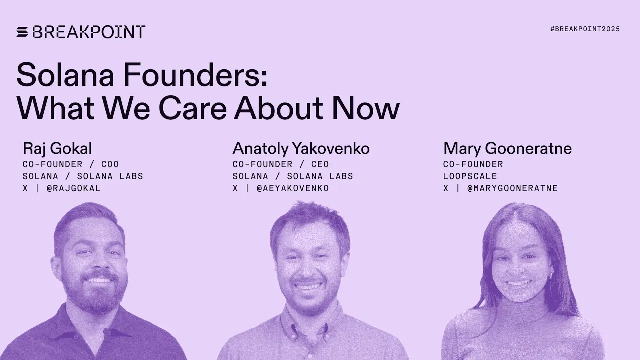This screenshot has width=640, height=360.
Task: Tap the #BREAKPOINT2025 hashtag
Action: (x=585, y=29)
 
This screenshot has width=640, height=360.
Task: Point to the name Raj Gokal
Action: (x=57, y=148)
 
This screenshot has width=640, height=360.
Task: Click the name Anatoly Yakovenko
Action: (x=301, y=148)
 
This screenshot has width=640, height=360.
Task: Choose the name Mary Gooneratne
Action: (x=507, y=148)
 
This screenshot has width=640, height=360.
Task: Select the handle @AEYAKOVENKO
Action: (x=293, y=188)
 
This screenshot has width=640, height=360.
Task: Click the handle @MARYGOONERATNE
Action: (x=512, y=188)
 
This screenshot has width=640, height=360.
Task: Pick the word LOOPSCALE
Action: (x=470, y=176)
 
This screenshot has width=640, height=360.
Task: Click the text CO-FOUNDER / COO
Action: (x=71, y=164)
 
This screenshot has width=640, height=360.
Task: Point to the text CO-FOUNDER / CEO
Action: (x=281, y=164)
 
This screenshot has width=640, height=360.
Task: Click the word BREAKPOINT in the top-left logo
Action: (x=89, y=32)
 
